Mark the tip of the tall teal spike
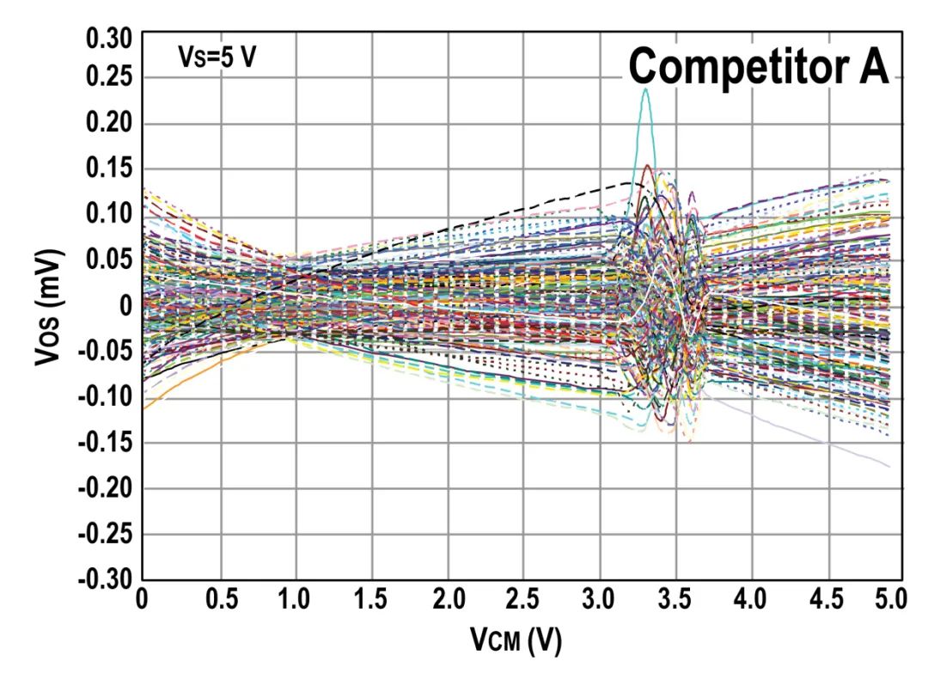(645, 89)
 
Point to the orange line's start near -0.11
(143, 408)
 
